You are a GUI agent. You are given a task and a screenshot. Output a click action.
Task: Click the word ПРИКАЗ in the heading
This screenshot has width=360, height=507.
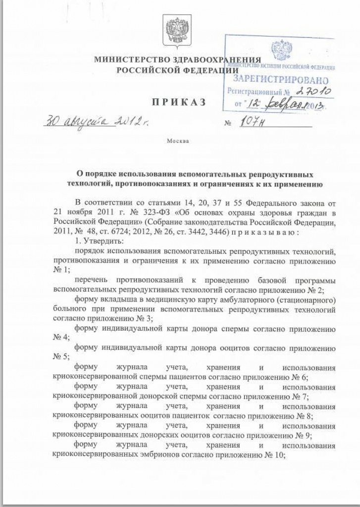pos(179,102)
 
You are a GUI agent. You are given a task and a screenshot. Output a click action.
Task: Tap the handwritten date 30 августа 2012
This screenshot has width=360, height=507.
pos(92,121)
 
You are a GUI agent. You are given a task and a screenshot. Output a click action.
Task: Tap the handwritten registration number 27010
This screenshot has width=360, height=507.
pos(312,91)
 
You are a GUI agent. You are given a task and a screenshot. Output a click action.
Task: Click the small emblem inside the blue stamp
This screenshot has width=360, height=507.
pos(281,50)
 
